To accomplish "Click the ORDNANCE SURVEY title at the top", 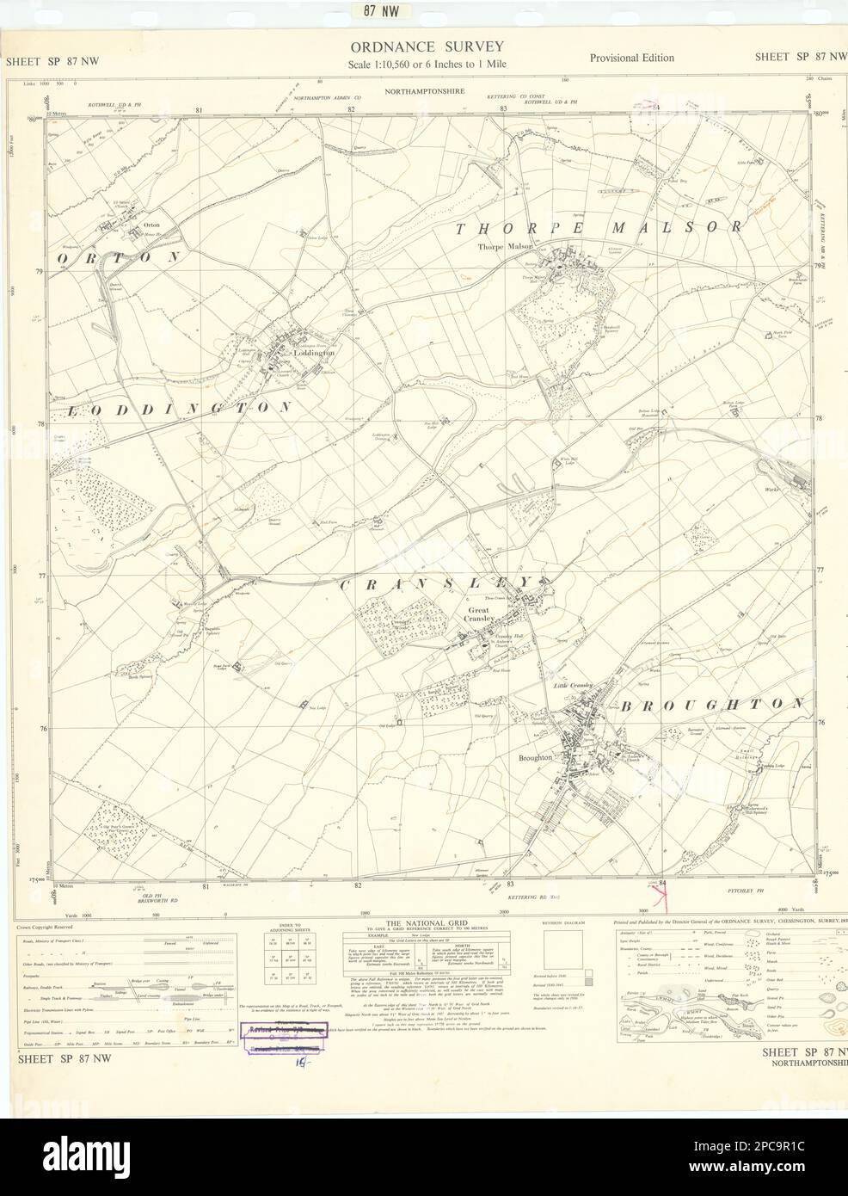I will click(426, 46).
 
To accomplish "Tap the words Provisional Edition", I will click(631, 58).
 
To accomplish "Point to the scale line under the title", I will click(426, 65).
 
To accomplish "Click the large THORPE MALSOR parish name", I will click(597, 229).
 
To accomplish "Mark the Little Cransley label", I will click(573, 685).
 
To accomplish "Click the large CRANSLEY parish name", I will click(438, 583).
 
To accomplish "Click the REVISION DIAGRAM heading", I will click(563, 922).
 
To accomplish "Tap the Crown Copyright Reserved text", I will click(46, 928).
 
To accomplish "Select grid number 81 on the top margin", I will click(199, 110).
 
